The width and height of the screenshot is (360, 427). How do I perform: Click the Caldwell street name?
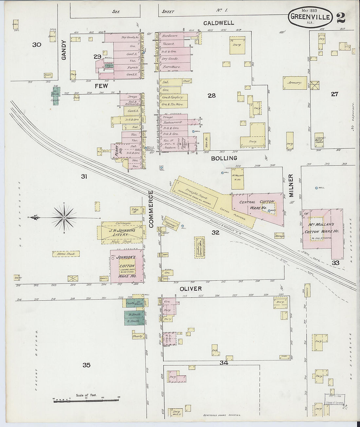tap(219, 23)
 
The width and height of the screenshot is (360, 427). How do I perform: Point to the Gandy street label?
tap(64, 50)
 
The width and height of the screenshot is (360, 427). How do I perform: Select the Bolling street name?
tap(224, 158)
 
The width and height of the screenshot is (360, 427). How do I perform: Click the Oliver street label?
tap(190, 289)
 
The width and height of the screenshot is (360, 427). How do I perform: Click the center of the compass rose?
tap(64, 217)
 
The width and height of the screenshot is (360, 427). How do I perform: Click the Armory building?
tap(295, 83)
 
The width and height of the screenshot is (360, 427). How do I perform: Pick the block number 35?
tap(86, 365)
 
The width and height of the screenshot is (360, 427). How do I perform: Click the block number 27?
tap(334, 94)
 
